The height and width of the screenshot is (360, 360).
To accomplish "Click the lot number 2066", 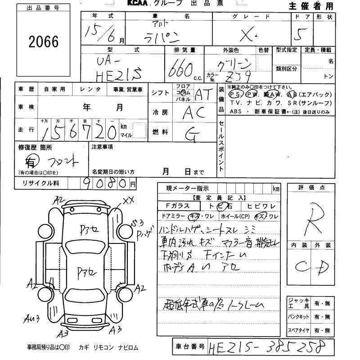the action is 43,42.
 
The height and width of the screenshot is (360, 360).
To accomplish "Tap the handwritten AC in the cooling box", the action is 194,112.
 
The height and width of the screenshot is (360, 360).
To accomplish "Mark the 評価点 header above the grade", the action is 311,187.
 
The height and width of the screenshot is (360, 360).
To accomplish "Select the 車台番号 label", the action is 189,346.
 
